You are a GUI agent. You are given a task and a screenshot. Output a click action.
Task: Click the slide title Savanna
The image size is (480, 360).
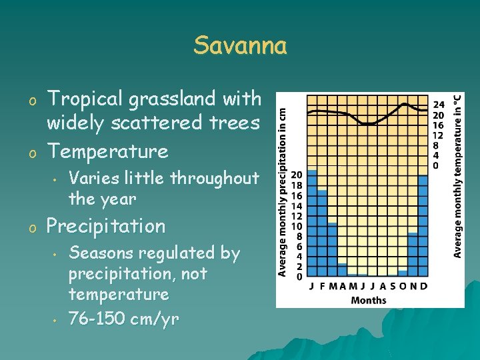(x=240, y=46)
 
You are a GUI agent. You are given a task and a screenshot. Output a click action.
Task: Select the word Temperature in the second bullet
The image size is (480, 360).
(x=107, y=151)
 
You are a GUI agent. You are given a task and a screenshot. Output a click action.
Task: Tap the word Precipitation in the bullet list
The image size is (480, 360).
(x=105, y=226)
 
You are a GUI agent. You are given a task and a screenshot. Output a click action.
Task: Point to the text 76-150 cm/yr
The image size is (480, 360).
(x=124, y=319)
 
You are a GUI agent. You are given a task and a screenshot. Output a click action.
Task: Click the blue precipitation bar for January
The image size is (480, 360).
(x=312, y=223)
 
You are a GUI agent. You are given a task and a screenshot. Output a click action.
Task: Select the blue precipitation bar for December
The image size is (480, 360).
(x=423, y=225)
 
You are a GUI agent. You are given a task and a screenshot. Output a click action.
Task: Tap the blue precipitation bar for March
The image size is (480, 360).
(x=332, y=249)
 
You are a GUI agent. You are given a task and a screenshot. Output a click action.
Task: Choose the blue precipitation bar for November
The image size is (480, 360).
(x=413, y=253)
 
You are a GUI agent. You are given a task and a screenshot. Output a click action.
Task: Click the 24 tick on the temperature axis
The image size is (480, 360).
(x=439, y=105)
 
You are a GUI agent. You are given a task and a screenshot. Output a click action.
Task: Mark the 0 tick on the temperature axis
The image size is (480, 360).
(x=437, y=165)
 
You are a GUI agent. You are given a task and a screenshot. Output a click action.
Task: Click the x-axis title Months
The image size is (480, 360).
(x=368, y=300)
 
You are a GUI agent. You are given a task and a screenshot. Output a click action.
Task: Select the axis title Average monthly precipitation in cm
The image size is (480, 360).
(x=283, y=184)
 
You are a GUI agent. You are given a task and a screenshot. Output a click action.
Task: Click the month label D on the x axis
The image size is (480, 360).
(x=424, y=286)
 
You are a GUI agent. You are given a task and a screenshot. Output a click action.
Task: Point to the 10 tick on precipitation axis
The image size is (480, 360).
(x=295, y=226)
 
